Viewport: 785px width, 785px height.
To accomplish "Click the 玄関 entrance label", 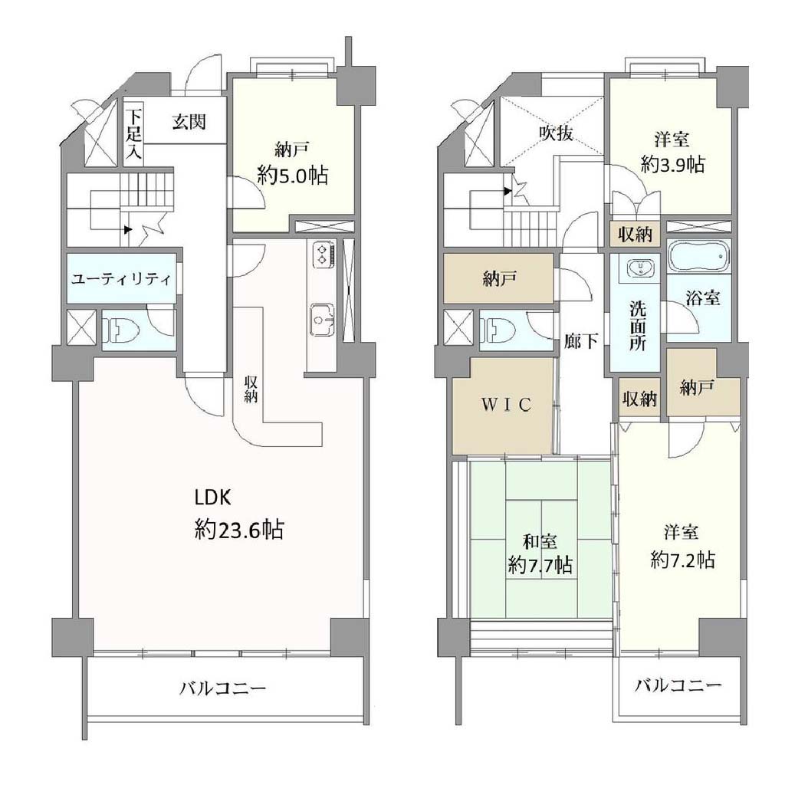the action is [189, 122].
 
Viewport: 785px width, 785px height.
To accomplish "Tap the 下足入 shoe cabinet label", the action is [133, 134].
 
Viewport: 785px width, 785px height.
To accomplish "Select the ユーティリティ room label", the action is [121, 279].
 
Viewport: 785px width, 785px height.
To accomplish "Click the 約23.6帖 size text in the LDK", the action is [239, 529].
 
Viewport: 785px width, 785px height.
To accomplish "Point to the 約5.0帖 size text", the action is [293, 176].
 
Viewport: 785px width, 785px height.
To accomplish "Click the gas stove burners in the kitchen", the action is [321, 253].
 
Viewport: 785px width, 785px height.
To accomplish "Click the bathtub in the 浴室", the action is [698, 256].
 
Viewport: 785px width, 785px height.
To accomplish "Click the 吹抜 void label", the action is [556, 133].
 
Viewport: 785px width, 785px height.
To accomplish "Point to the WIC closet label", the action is [506, 404].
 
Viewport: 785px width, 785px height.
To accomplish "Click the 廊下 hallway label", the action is [581, 341].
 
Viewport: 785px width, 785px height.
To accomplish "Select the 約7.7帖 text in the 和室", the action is [540, 565].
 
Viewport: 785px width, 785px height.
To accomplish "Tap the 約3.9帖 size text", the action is [673, 163].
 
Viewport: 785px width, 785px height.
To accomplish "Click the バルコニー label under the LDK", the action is [223, 689].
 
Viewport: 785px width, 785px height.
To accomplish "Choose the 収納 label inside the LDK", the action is [251, 389].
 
